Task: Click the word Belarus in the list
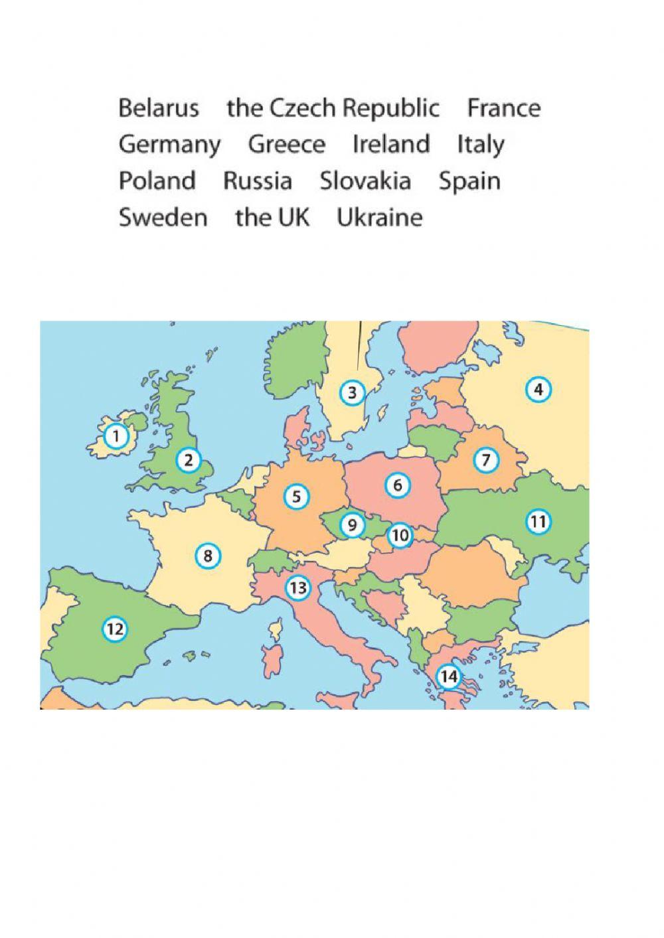point(159,108)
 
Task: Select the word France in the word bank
point(503,108)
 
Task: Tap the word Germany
point(169,145)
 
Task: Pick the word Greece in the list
point(286,145)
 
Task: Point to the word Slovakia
point(365,181)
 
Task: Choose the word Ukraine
point(379,217)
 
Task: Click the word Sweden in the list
point(163,217)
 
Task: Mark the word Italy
point(480,145)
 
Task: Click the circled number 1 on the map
point(116,436)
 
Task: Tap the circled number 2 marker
point(189,459)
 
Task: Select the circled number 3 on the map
point(352,393)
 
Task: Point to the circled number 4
point(538,390)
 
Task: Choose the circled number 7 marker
point(486,459)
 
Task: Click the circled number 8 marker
point(208,555)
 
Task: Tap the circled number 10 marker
point(400,535)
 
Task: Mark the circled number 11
point(538,522)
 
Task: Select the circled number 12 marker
point(115,628)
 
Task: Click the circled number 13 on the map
point(298,587)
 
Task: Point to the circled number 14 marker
point(449,676)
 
